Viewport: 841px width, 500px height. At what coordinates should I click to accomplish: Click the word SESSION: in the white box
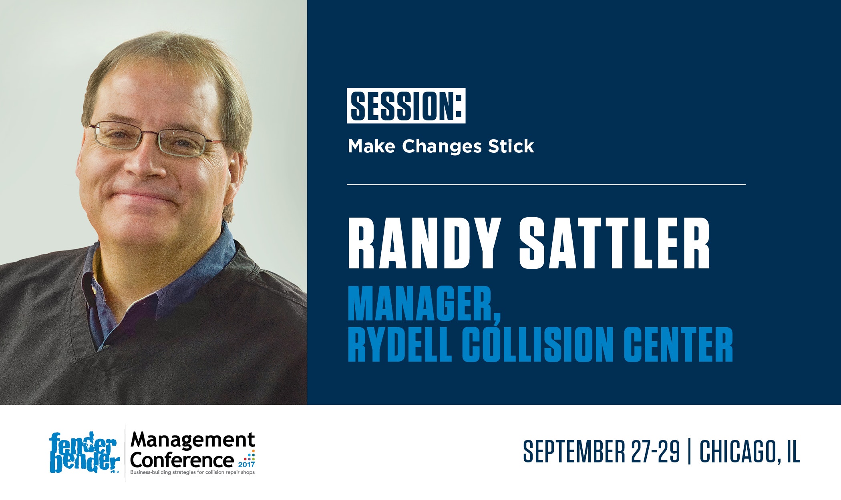coord(406,106)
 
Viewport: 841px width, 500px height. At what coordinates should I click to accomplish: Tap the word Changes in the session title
coord(442,147)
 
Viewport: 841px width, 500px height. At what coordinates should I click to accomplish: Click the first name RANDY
coord(424,244)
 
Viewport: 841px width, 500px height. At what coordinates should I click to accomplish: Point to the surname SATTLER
coord(614,244)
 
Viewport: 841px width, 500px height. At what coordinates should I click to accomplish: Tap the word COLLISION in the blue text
coord(538,345)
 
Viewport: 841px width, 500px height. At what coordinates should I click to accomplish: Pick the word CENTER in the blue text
coord(678,345)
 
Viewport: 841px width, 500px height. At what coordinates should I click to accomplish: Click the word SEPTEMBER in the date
coord(574,451)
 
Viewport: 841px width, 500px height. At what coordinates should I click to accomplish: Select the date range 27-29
coord(655,451)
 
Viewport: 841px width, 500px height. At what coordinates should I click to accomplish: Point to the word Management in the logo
coord(193,440)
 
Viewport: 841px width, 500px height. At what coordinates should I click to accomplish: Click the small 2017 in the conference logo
coord(246,465)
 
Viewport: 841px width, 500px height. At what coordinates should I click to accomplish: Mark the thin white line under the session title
coord(546,184)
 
